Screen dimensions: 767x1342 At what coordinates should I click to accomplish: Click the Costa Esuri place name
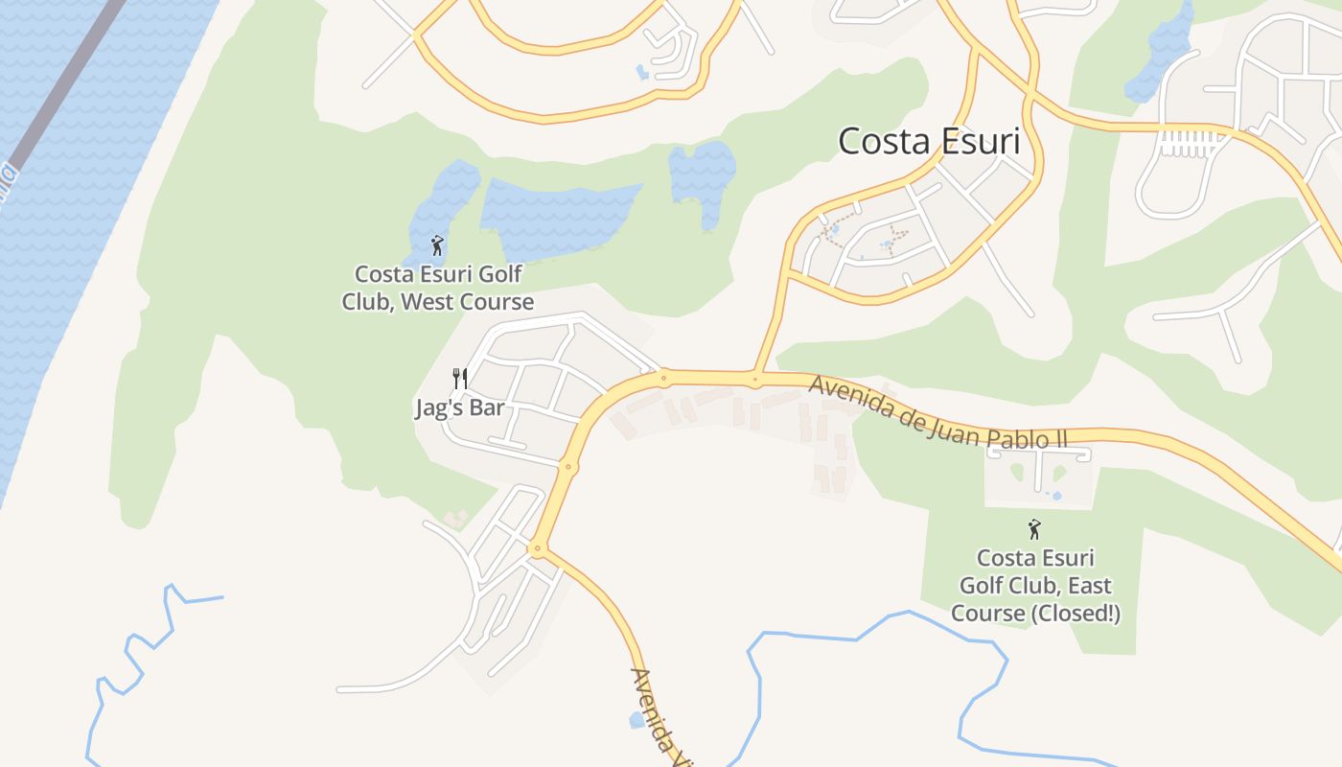(x=928, y=141)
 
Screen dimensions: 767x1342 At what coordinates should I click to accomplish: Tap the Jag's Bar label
(x=459, y=408)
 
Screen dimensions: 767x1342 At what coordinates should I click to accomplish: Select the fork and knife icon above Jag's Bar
(x=460, y=379)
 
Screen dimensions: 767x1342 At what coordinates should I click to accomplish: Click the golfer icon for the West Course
(x=437, y=245)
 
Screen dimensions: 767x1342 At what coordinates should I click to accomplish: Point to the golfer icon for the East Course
(x=1033, y=529)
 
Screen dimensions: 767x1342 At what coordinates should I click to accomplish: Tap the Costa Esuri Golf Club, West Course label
(x=438, y=288)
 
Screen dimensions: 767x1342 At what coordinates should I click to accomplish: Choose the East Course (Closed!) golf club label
(x=1035, y=585)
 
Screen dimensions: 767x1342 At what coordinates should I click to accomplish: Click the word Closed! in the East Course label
(x=1076, y=614)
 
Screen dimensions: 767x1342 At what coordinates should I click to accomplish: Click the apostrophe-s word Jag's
(x=439, y=408)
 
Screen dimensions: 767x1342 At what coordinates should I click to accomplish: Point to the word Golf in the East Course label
(x=982, y=586)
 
